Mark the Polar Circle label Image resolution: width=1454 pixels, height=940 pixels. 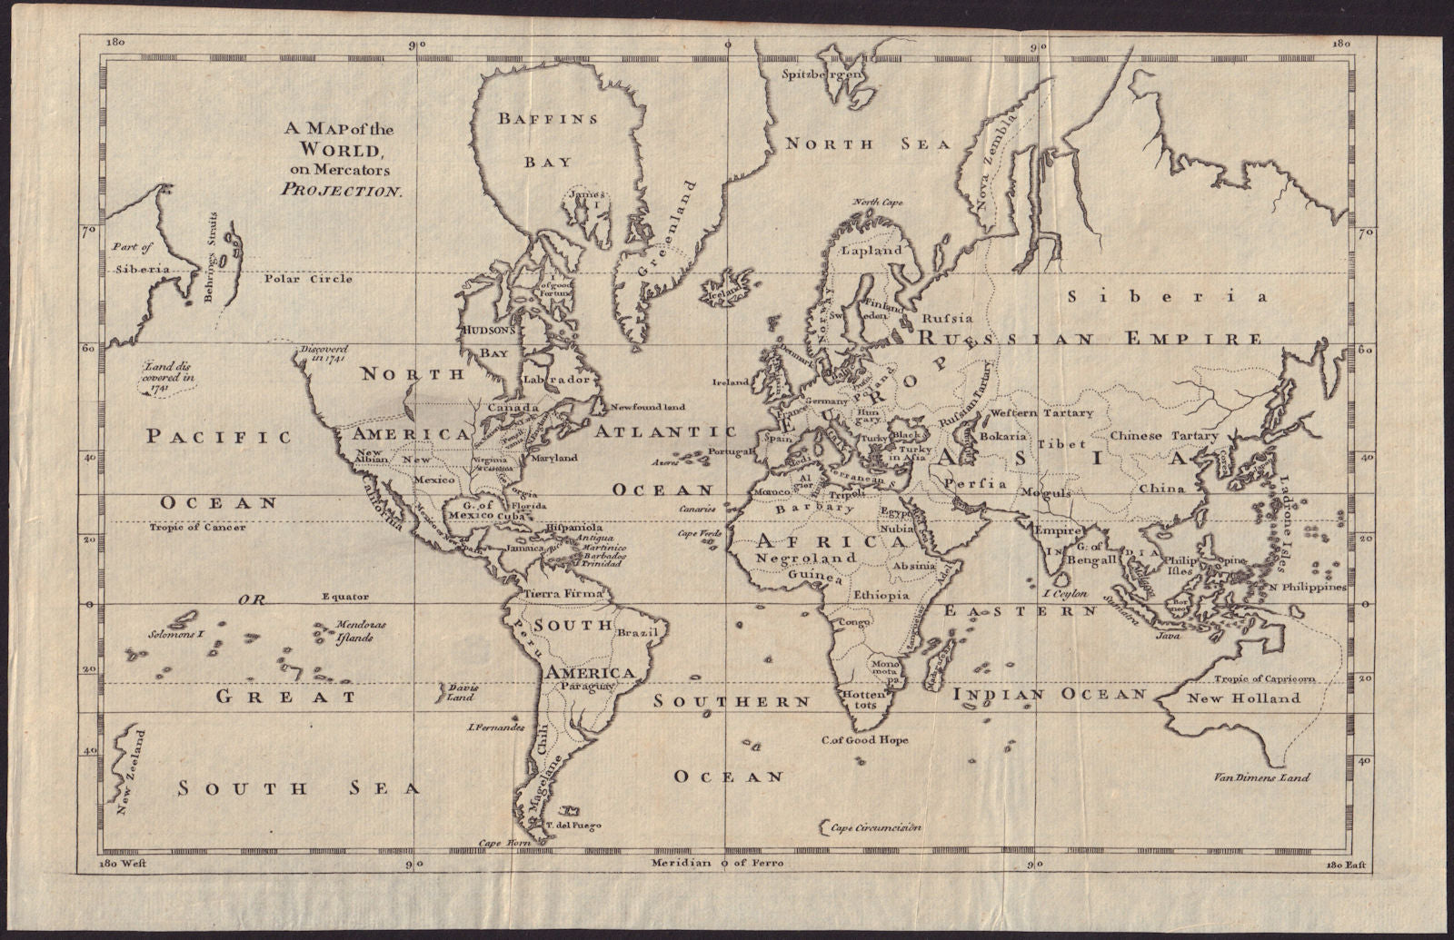click(308, 279)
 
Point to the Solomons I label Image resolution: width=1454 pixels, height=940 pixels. click(174, 634)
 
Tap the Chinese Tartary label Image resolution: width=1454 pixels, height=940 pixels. click(1164, 436)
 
